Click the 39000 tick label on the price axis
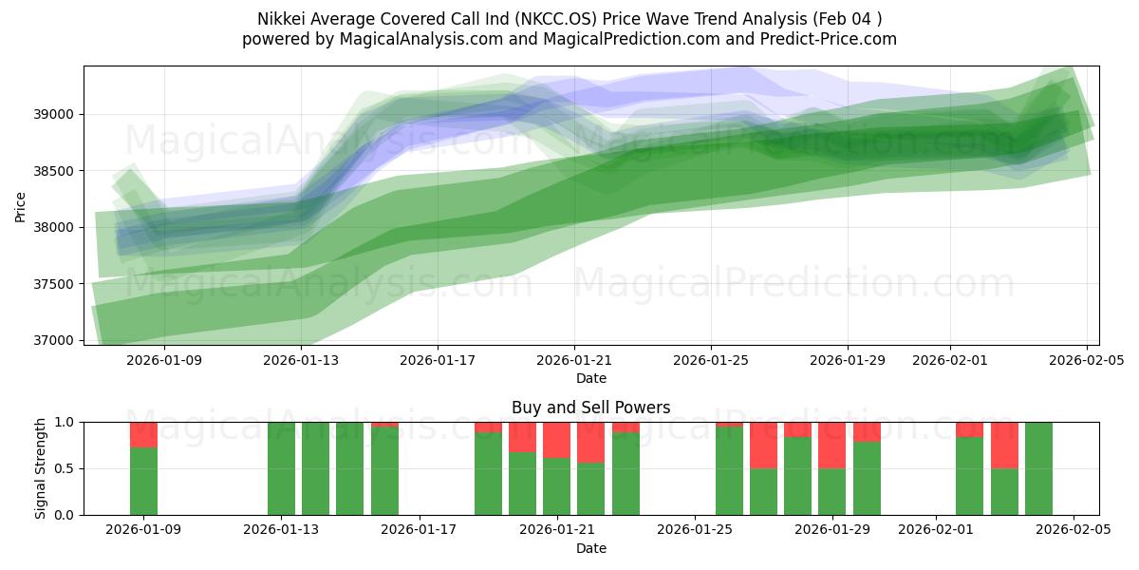pos(54,114)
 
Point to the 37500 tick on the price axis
pos(54,284)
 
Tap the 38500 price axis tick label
pos(54,171)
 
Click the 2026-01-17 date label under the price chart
pos(438,360)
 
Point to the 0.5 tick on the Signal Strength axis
pos(65,468)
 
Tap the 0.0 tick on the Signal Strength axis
pos(65,515)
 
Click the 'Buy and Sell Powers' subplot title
pos(590,408)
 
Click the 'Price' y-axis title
pos(21,205)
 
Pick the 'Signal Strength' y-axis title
pos(40,468)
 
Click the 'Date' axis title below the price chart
pos(590,378)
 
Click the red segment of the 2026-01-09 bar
pos(143,434)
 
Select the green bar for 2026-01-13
pos(281,468)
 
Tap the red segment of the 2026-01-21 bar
pos(556,440)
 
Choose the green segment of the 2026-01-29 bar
pos(832,491)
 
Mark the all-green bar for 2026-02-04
pos(1038,468)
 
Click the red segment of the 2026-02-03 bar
pos(1004,445)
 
